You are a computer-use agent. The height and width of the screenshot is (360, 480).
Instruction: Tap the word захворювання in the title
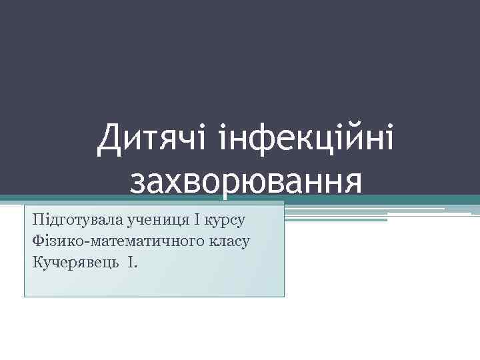coord(247,182)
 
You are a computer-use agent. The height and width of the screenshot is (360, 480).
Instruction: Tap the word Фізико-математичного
coord(114,241)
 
